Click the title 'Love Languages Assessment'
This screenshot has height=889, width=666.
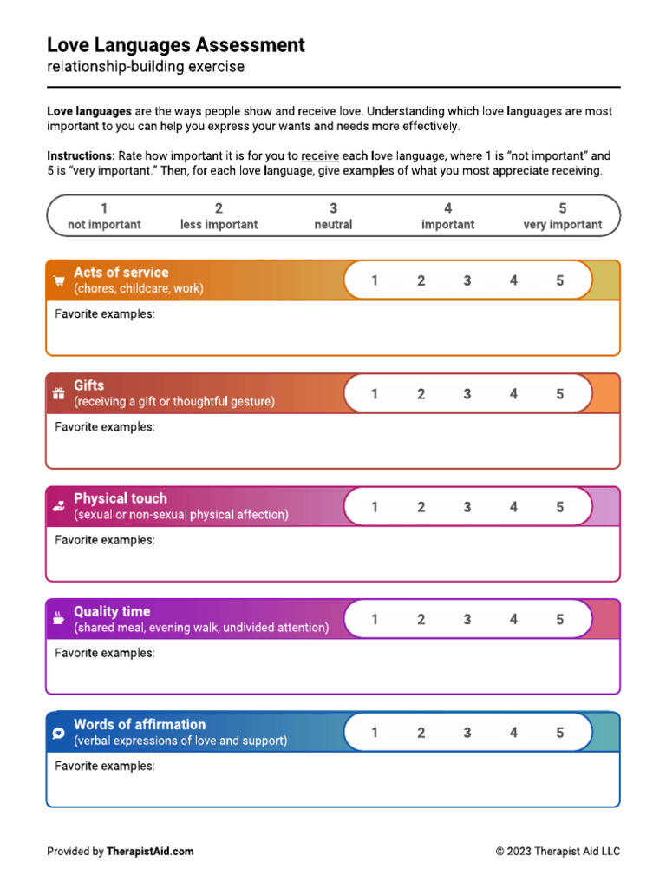point(175,45)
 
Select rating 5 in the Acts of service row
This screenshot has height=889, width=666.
point(559,280)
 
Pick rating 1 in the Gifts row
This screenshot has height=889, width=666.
point(375,393)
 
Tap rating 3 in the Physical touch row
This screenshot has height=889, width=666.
point(467,507)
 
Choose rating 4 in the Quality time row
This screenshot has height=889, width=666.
point(513,620)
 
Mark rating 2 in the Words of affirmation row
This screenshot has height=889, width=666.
point(421,733)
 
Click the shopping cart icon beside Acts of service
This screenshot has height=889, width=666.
point(59,280)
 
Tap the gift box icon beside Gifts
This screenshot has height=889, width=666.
point(59,393)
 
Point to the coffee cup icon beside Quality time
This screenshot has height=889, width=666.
point(59,619)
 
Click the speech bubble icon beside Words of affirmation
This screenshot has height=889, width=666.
point(59,733)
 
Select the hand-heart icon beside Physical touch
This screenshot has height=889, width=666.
point(59,506)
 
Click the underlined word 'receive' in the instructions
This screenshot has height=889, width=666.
point(319,156)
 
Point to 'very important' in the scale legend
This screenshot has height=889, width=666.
point(562,224)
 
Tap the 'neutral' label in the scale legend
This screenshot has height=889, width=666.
point(333,224)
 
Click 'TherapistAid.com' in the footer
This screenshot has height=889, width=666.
point(150,852)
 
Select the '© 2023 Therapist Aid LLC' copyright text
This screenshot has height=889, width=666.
point(558,852)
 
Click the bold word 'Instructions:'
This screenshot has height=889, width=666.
point(81,156)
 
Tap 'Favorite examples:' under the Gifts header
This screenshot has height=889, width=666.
point(105,427)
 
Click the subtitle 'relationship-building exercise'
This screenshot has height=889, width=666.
point(146,67)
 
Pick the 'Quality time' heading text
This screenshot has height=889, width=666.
point(112,611)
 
